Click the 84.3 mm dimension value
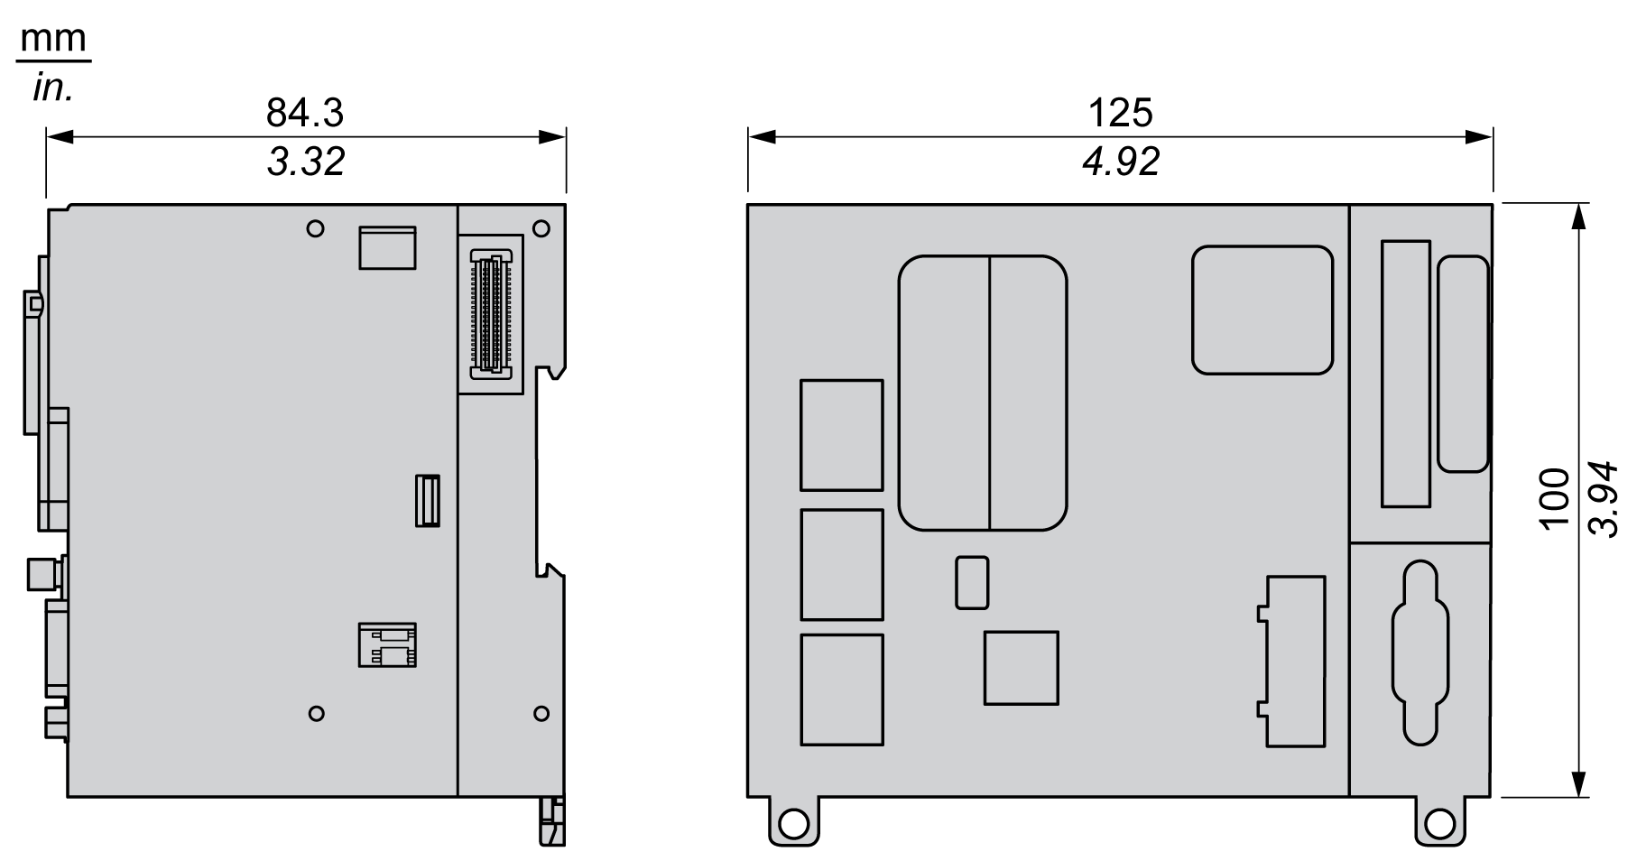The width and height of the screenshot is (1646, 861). [305, 113]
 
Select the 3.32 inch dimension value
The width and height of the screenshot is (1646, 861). [306, 162]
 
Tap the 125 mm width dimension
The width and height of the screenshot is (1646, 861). [1120, 113]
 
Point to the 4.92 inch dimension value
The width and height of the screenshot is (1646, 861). [1121, 162]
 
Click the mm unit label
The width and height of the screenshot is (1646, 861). [53, 40]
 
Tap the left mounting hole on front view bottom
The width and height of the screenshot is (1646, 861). [794, 823]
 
